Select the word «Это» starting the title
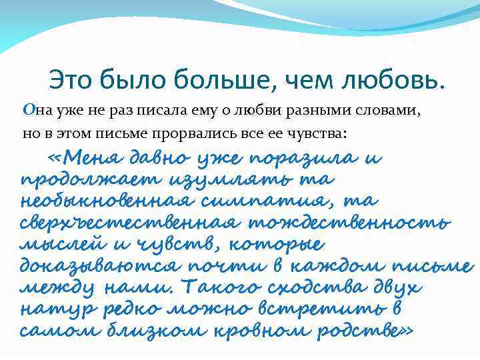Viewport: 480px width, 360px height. [72, 81]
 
